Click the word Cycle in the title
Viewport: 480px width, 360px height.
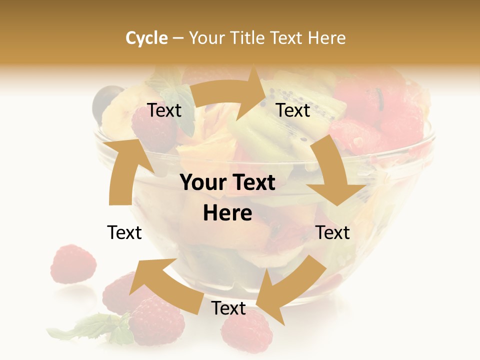(146, 38)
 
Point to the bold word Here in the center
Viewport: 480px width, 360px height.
(227, 213)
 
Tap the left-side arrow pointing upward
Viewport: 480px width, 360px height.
(123, 170)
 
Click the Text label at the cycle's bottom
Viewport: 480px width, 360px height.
(228, 308)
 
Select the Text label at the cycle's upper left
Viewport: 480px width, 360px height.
(164, 110)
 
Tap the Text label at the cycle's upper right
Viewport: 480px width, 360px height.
(293, 110)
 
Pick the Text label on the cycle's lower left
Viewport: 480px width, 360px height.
(124, 232)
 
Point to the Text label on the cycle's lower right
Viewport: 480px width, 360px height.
(332, 232)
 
